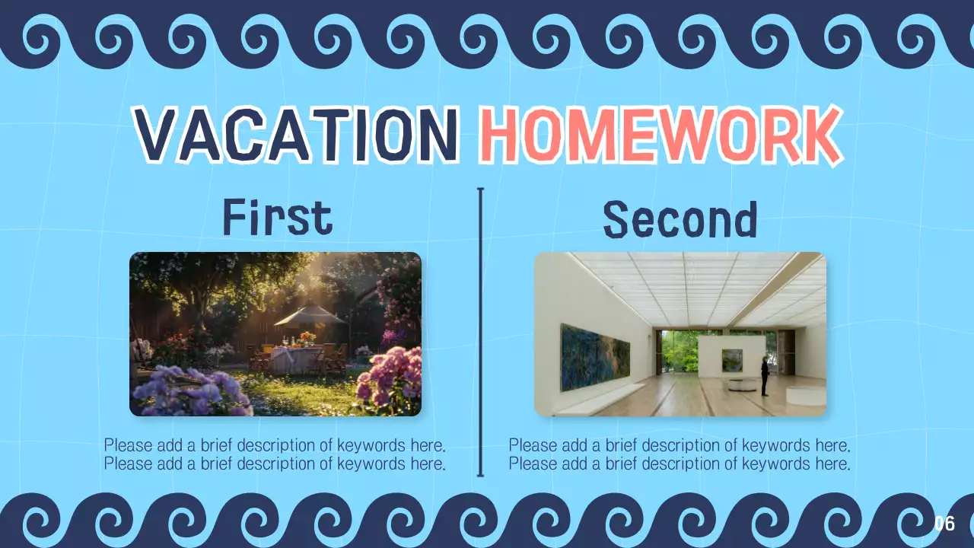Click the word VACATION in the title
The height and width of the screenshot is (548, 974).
(x=296, y=135)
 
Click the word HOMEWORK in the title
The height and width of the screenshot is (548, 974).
(x=660, y=135)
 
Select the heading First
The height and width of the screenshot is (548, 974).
(x=278, y=218)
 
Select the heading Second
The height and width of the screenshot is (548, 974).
(x=680, y=219)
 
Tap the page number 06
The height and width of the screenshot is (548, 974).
(x=944, y=524)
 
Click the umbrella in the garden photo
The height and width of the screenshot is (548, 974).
(x=310, y=315)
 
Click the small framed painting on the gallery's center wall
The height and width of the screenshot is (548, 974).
(x=732, y=360)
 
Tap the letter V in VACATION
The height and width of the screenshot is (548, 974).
(x=158, y=135)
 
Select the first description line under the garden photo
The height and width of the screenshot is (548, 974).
(x=275, y=445)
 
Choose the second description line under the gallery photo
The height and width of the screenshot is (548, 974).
(x=679, y=464)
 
